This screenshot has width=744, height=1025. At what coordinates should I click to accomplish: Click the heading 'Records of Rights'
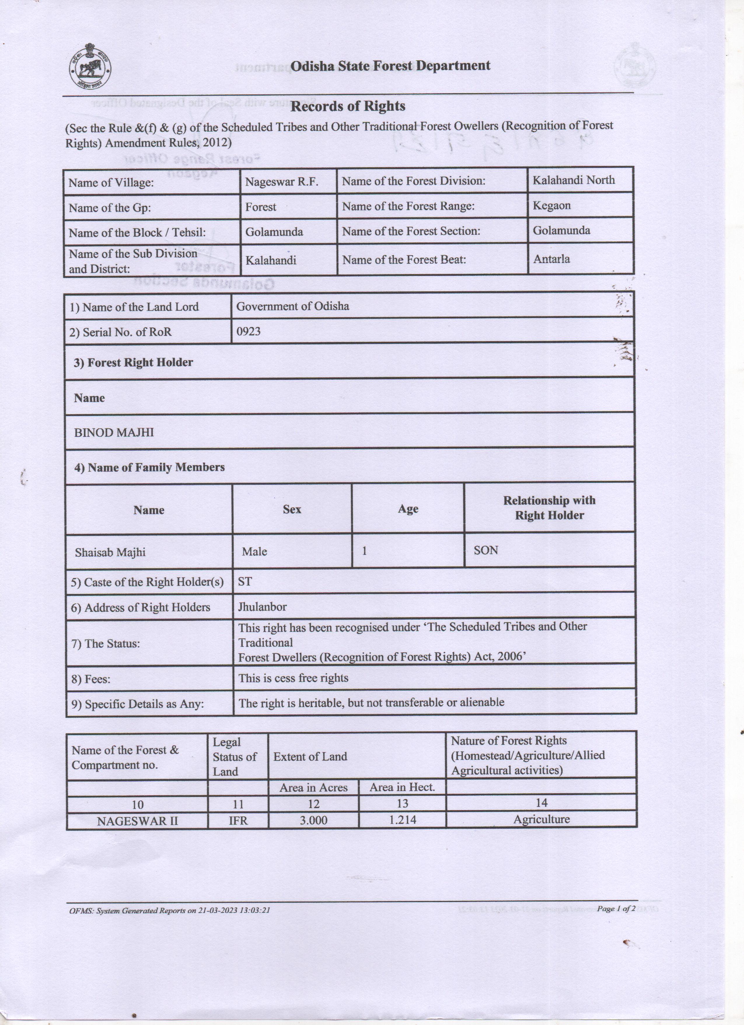tap(347, 106)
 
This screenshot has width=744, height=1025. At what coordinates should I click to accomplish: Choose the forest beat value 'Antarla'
tap(551, 259)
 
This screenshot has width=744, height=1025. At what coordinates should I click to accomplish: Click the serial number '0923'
tap(248, 331)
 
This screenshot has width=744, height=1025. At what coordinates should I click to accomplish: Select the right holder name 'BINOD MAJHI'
tap(114, 432)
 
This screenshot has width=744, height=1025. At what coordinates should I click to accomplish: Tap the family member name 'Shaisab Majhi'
tap(110, 552)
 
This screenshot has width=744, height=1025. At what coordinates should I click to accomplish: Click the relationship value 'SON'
tap(486, 550)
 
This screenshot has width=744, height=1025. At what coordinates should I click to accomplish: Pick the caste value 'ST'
tap(245, 582)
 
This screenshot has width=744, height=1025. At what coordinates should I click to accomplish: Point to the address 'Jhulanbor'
tap(262, 607)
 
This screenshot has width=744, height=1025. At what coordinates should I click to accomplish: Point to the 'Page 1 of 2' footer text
tap(616, 908)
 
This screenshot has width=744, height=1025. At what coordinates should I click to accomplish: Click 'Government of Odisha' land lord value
tap(293, 306)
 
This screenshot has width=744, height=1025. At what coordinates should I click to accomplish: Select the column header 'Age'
tap(408, 509)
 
